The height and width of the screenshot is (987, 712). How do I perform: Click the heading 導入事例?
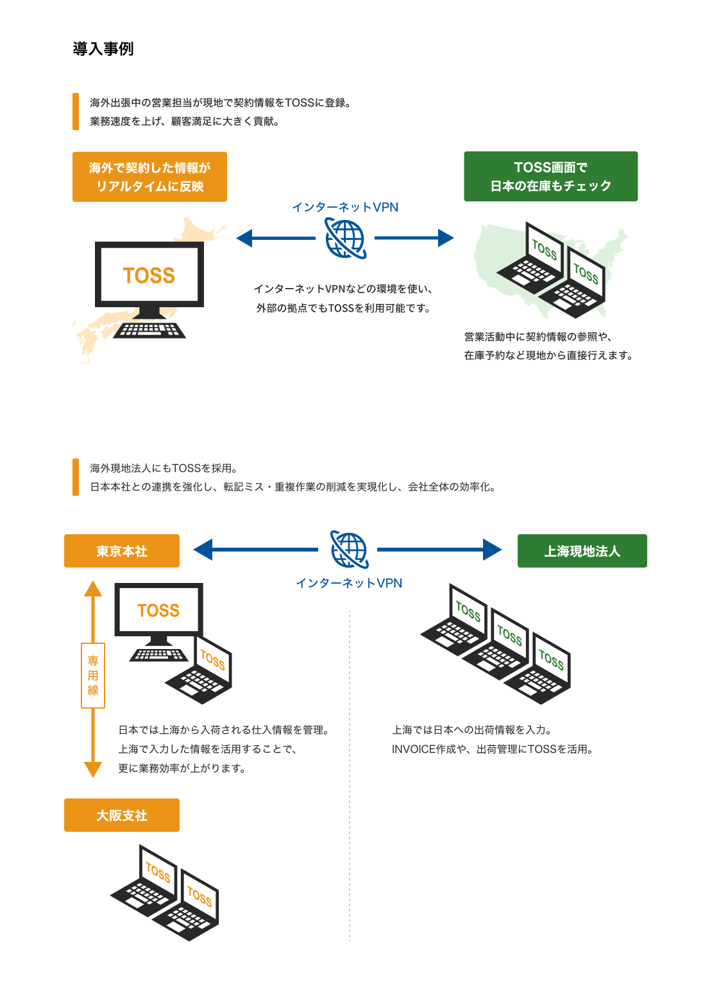click(x=103, y=49)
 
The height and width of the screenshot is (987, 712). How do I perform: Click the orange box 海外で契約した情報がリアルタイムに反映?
click(x=149, y=177)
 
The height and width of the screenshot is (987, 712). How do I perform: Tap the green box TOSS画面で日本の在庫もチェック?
click(x=550, y=176)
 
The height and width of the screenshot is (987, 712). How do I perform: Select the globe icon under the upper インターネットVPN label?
click(x=345, y=238)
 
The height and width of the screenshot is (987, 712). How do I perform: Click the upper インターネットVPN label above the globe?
click(x=345, y=207)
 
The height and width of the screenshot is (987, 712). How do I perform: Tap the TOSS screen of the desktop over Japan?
click(x=149, y=275)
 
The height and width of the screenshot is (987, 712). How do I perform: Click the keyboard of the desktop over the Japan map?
click(x=149, y=330)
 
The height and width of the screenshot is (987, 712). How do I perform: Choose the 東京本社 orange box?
click(x=122, y=551)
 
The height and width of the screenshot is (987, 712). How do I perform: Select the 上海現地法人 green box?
click(x=582, y=551)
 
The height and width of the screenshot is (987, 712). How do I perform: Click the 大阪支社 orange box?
click(x=122, y=815)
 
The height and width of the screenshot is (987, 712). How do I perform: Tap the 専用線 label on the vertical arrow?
click(x=93, y=675)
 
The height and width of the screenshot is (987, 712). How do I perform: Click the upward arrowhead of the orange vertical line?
click(x=93, y=589)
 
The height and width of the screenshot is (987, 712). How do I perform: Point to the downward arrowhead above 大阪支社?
click(x=93, y=769)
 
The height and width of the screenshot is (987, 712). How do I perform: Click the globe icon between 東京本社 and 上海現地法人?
click(x=349, y=550)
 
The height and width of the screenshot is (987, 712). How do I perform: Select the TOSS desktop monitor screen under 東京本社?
click(x=158, y=610)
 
